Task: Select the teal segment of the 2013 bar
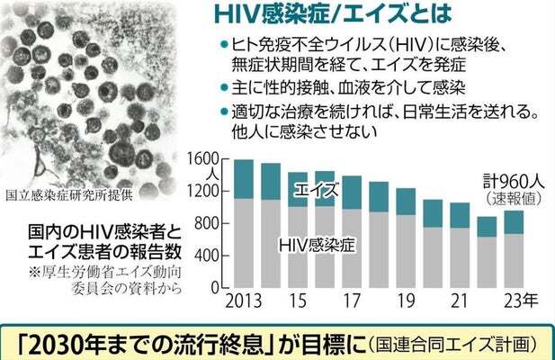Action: [242, 178]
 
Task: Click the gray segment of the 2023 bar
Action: [513, 263]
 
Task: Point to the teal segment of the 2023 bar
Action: [513, 222]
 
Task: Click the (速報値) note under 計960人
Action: [510, 197]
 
